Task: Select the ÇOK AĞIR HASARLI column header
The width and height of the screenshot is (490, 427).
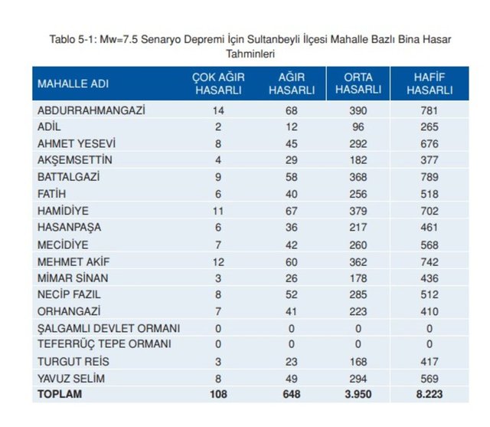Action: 218,83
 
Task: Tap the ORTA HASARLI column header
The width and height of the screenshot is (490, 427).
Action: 358,83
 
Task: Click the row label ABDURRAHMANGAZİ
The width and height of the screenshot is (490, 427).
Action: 91,110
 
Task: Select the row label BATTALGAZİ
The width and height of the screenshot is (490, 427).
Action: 70,176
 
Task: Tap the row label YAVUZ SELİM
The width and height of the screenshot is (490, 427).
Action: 71,378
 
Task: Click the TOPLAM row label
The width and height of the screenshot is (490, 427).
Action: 59,395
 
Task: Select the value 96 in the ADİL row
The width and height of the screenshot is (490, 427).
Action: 358,126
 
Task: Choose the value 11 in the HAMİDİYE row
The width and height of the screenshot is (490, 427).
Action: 218,210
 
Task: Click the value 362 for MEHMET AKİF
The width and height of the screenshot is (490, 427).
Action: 358,261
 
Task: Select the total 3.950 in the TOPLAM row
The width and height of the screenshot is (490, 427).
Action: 358,395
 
